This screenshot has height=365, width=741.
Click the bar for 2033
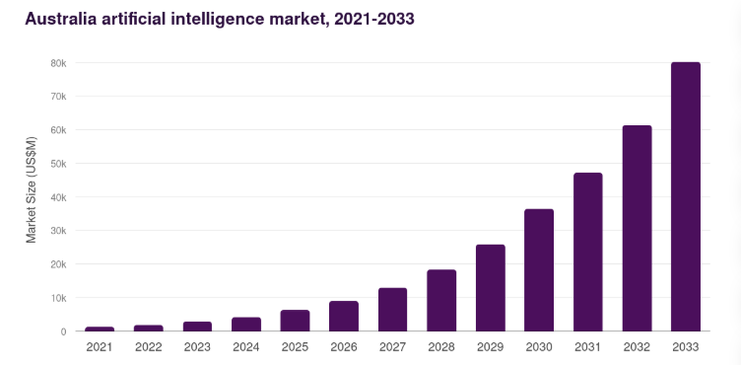pyautogui.click(x=685, y=197)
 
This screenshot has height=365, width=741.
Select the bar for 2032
pyautogui.click(x=637, y=228)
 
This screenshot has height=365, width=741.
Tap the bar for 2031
pyautogui.click(x=587, y=252)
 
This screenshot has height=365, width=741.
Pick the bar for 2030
pyautogui.click(x=539, y=270)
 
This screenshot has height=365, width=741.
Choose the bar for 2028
pyautogui.click(x=441, y=301)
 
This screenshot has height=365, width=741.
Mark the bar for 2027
pyautogui.click(x=392, y=310)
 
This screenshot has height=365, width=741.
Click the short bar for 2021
pyautogui.click(x=100, y=328)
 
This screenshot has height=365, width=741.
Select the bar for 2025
pyautogui.click(x=295, y=321)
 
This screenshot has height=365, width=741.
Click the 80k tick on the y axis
pyautogui.click(x=58, y=63)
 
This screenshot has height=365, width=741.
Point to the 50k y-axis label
pyautogui.click(x=58, y=164)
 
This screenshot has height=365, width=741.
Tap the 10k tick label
pyautogui.click(x=58, y=298)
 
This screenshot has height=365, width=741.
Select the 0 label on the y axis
pyautogui.click(x=63, y=331)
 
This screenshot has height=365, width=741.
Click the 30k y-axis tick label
pyautogui.click(x=58, y=231)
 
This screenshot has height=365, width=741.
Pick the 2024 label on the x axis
pyautogui.click(x=246, y=347)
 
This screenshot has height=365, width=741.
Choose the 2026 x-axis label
pyautogui.click(x=344, y=347)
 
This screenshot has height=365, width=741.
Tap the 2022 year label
pyautogui.click(x=149, y=347)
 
